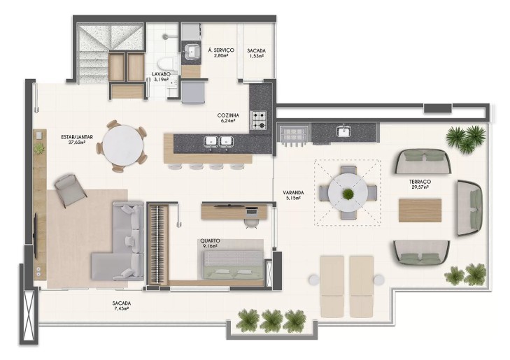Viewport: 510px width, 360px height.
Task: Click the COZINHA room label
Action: click(228, 115)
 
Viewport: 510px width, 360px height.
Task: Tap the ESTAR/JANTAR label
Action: click(77, 137)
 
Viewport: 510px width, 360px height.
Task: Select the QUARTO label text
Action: click(210, 240)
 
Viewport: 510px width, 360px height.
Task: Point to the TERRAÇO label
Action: click(420, 182)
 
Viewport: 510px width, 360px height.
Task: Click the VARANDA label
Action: click(293, 192)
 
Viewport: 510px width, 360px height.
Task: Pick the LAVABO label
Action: click(161, 74)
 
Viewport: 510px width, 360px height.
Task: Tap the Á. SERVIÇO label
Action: click(221, 50)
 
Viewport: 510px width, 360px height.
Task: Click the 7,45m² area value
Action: click(121, 308)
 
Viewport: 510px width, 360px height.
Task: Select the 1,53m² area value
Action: click(256, 55)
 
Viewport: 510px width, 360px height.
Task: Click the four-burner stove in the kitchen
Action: click(259, 120)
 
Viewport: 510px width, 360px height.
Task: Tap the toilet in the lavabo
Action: click(167, 65)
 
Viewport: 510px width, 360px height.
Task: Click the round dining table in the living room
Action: click(122, 146)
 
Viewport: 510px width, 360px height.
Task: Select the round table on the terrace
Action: click(348, 193)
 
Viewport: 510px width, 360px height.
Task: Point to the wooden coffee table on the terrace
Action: click(420, 210)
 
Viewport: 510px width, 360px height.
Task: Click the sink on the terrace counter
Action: click(343, 131)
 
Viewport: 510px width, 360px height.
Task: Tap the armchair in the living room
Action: click(70, 190)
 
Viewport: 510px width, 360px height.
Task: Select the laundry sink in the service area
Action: click(191, 52)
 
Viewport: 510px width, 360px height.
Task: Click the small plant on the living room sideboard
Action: click(39, 148)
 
